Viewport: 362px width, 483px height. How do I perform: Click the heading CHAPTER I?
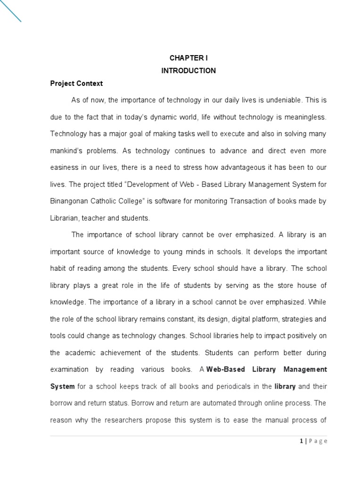coord(188,58)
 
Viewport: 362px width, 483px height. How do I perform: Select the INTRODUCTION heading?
coord(188,71)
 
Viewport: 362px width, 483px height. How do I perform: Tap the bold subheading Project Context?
coord(76,83)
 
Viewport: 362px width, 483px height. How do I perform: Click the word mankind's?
coord(66,151)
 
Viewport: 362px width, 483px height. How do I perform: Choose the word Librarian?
coord(65,218)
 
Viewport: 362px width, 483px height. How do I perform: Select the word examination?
coord(69,369)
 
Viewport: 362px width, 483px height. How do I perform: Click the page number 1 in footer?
coord(301,441)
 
